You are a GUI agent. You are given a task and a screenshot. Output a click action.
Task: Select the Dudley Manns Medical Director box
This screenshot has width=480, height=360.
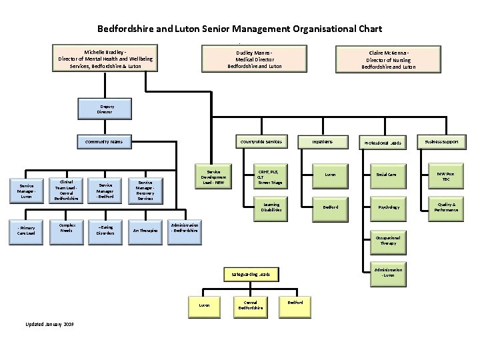coord(255,59)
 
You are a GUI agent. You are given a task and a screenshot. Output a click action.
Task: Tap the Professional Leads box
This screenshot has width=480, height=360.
coord(388,142)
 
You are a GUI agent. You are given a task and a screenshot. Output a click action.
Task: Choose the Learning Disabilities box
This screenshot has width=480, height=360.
coord(272,207)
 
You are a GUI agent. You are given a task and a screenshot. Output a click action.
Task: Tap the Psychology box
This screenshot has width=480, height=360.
coord(388,207)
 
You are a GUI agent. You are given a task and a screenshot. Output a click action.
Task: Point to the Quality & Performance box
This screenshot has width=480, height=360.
coord(446,207)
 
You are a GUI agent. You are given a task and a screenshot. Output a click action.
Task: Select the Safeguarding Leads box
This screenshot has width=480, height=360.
coord(251,273)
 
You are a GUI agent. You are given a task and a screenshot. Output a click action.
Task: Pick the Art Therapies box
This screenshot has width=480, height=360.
coord(145,230)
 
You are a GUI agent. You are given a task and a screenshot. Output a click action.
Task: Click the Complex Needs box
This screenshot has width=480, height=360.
coord(66,227)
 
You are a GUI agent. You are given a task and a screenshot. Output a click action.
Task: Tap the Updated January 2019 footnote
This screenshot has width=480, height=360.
coord(49,323)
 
